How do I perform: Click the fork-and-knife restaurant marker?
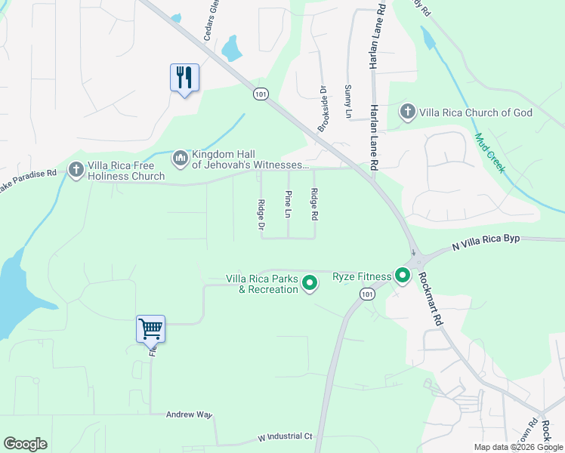(x=184, y=78)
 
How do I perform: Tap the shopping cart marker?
(x=150, y=330)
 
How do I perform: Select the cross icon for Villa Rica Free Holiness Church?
(x=76, y=170)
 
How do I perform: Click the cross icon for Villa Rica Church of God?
(x=408, y=112)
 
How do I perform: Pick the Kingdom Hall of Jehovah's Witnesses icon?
(x=180, y=157)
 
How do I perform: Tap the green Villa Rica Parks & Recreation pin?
(x=310, y=283)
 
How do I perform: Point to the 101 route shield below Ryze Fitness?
(x=367, y=295)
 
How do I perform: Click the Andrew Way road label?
(x=190, y=414)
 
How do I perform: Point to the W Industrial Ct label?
(x=285, y=437)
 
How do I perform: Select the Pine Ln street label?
(x=288, y=205)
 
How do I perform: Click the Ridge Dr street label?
(x=261, y=214)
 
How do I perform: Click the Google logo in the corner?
(x=25, y=444)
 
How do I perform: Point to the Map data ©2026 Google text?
(x=518, y=447)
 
